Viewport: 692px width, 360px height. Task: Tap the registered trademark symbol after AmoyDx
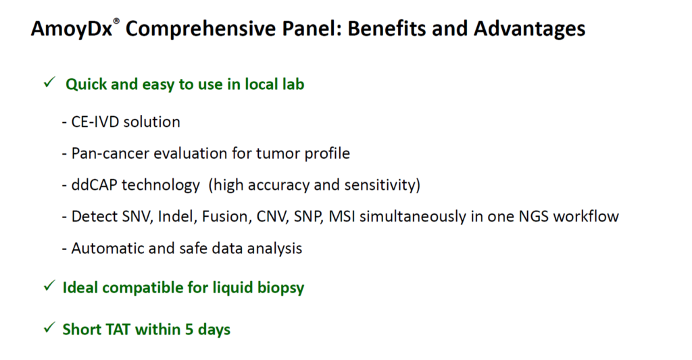tap(116, 21)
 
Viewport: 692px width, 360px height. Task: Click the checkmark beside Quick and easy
tap(49, 82)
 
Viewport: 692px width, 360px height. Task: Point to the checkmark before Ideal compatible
tap(49, 286)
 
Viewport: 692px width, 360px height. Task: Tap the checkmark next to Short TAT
tap(49, 328)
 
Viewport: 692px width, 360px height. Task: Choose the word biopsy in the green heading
tap(280, 288)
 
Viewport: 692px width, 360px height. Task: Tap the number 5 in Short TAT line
tap(189, 330)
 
